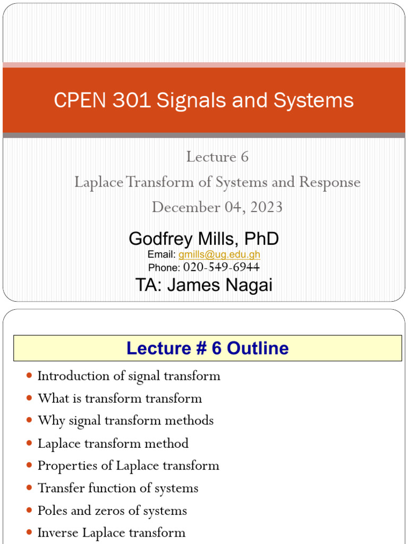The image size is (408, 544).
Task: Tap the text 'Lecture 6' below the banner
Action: coord(217,157)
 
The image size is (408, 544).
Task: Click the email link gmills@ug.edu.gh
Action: coord(219,254)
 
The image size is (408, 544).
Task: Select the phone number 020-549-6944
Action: coord(221,267)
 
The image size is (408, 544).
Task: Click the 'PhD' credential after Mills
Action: coord(261,239)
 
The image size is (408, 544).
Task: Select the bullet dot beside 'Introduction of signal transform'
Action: coord(29,376)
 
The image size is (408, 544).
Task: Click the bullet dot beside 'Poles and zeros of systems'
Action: coord(29,511)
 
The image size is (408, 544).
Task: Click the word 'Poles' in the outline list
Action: coord(52,511)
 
